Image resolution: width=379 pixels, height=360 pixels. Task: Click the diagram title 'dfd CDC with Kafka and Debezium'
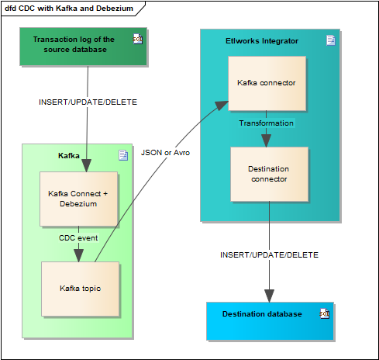(x=68, y=9)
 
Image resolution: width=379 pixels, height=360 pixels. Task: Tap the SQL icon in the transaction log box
(x=137, y=39)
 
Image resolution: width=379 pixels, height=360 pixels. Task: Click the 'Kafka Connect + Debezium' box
(x=78, y=199)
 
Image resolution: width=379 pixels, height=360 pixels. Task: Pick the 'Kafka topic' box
(x=80, y=289)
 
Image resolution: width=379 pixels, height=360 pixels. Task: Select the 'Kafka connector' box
(x=267, y=81)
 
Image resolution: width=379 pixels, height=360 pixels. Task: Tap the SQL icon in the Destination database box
(x=325, y=313)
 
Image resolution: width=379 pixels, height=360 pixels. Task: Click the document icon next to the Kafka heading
(x=123, y=155)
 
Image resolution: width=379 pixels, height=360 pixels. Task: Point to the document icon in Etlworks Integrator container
(x=331, y=40)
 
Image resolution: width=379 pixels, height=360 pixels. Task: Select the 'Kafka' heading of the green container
(x=69, y=156)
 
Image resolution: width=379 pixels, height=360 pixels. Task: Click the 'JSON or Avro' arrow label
(x=165, y=153)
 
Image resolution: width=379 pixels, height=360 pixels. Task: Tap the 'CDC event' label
(x=78, y=237)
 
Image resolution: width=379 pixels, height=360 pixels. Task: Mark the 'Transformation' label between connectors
(x=266, y=123)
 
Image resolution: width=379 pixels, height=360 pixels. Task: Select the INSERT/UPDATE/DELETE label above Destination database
(x=269, y=254)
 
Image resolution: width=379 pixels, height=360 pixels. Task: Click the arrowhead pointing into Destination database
(x=269, y=296)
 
